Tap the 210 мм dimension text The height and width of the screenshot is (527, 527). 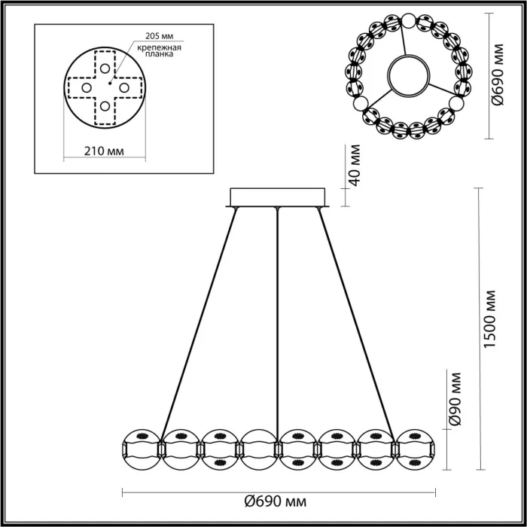(104, 152)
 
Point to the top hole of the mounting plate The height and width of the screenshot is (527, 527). (105, 67)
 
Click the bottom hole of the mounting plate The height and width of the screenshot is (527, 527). (105, 105)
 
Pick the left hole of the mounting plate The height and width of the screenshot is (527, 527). (85, 87)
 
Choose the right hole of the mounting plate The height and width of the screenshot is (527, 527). (124, 87)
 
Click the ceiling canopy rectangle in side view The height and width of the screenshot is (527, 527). (278, 196)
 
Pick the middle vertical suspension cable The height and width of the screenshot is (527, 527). (278, 316)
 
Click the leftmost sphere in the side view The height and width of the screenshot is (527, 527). (140, 449)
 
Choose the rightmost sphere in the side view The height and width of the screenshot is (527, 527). (415, 449)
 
